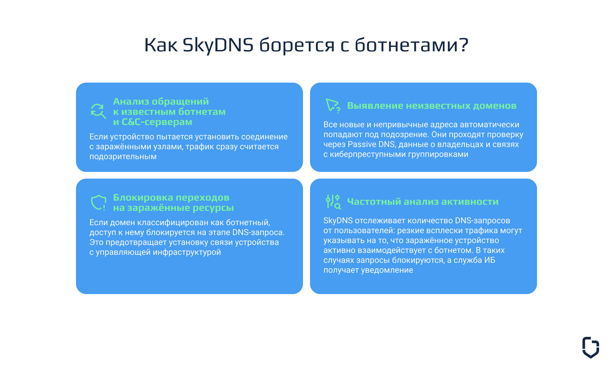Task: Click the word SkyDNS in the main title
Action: point(218,45)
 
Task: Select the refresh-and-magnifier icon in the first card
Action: point(98,111)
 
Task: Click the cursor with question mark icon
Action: point(333,106)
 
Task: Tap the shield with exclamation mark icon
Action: point(98,203)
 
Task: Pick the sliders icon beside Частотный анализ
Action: point(333,202)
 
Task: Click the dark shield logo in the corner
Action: point(590,347)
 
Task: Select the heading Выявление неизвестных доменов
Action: point(432,106)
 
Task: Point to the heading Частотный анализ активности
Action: point(423,202)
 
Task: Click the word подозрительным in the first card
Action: point(123,157)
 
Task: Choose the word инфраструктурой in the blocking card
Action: point(187,252)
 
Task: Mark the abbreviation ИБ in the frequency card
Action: point(489,260)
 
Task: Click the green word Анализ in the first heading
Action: point(131,101)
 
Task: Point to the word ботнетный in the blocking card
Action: point(247,223)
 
